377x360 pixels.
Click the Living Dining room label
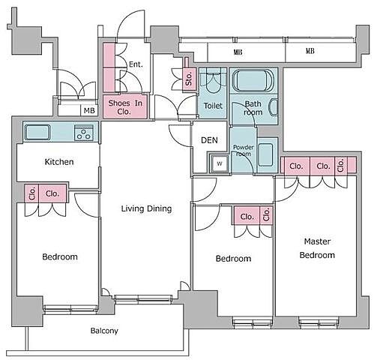146,208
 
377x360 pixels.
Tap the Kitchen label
59,162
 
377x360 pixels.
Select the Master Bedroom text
317,248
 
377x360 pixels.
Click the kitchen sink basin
37,132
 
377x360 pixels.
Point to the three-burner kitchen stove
84,133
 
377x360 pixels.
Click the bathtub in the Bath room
253,81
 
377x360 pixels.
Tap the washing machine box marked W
220,163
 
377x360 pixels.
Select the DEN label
209,140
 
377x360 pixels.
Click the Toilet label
213,106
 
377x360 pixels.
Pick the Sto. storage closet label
189,79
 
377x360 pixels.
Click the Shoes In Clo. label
125,107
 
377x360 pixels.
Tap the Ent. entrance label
136,64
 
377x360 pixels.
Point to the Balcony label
104,331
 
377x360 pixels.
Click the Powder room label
244,151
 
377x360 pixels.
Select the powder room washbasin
265,154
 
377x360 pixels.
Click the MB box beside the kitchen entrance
89,110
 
